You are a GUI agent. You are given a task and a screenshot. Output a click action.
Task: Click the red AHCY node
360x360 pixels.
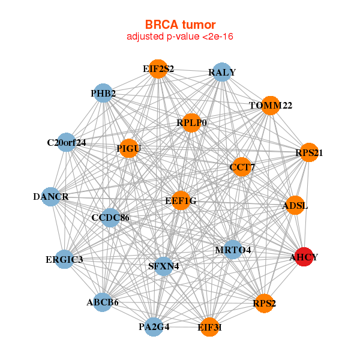(304, 257)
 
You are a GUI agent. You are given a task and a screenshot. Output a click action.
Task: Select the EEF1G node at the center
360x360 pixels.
(181, 200)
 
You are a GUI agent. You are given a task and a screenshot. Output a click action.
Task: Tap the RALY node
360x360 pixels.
(222, 72)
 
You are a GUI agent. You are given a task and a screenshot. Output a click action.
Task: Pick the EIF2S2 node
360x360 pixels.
(158, 69)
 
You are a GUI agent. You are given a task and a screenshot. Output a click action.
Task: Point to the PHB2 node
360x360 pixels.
(103, 93)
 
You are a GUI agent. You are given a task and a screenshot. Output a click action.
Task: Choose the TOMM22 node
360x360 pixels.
(271, 106)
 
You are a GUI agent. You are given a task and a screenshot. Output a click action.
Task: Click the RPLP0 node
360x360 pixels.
(191, 123)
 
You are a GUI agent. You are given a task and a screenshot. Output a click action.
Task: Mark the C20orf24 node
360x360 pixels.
(67, 142)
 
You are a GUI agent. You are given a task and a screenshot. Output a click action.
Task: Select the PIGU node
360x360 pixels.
(129, 148)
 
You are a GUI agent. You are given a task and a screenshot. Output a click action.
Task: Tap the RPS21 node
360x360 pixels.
(309, 152)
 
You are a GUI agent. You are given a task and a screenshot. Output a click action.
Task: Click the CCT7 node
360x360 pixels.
(242, 167)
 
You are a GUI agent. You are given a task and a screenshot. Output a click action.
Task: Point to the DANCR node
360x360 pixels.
(51, 197)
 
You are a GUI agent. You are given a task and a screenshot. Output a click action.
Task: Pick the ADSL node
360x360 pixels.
(295, 205)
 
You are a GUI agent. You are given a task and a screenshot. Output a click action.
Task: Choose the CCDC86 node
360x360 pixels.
(110, 218)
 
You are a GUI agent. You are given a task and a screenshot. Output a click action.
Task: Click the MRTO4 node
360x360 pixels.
(233, 250)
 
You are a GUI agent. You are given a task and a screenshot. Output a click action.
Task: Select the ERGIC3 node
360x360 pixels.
(65, 259)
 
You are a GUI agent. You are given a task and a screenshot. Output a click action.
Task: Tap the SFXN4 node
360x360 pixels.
(163, 266)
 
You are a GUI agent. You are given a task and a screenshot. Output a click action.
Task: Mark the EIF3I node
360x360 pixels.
(209, 327)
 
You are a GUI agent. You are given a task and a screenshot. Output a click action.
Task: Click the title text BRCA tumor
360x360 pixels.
(180, 25)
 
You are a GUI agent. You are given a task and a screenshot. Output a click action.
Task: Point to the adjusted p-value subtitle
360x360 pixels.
(180, 37)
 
